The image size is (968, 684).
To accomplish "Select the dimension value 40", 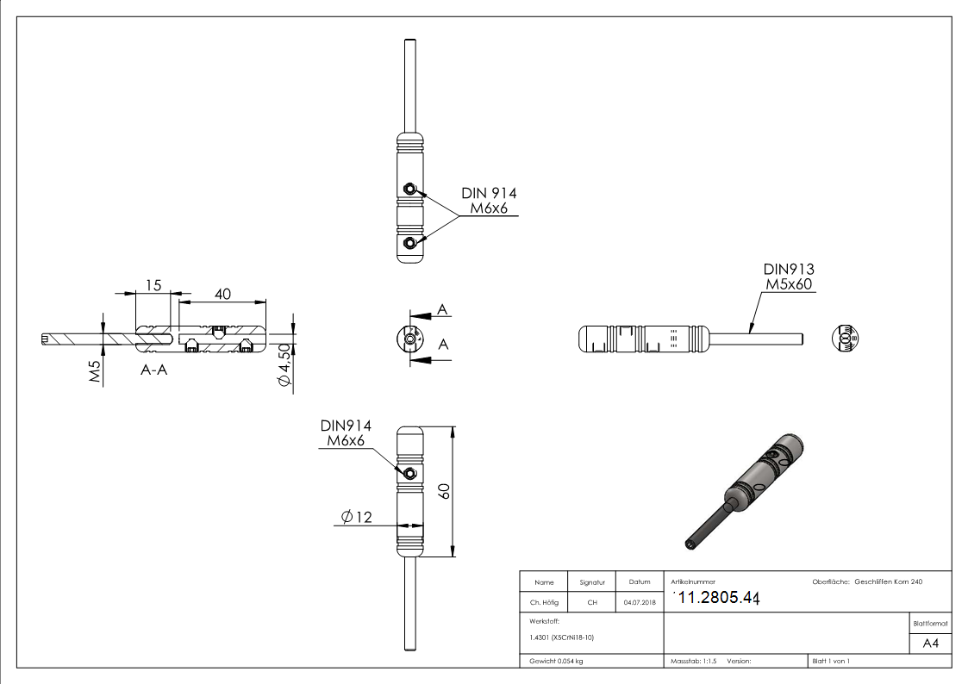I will tap(222, 294).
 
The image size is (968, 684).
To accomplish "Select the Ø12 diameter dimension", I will tap(355, 517).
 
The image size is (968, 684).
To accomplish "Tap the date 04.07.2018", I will tap(639, 602).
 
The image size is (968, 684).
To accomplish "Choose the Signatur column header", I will tap(592, 582).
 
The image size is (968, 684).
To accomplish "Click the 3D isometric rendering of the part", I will tap(747, 488).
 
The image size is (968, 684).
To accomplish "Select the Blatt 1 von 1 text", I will tap(830, 661).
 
